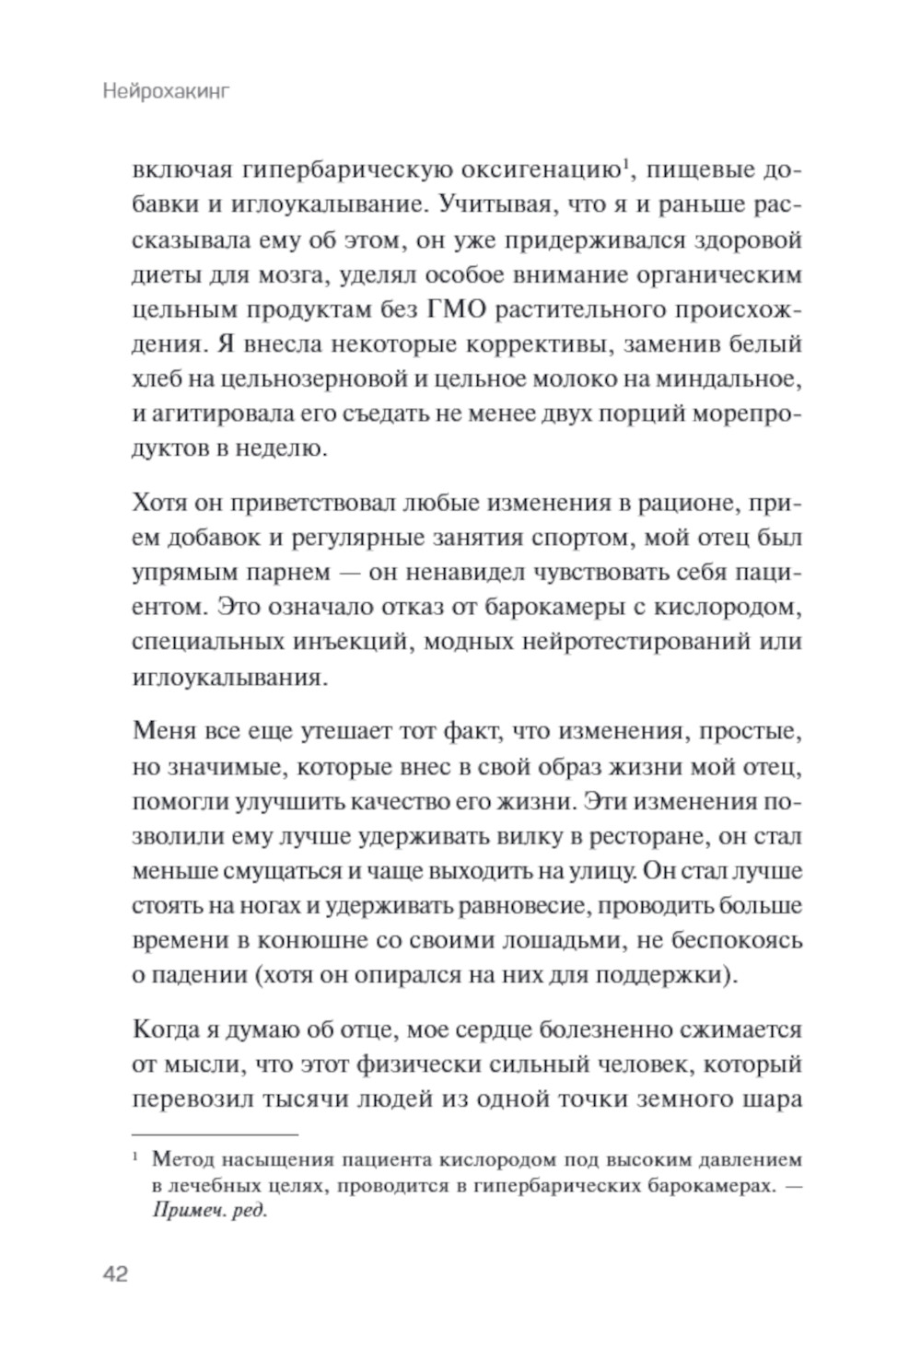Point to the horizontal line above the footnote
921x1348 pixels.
click(x=216, y=1136)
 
